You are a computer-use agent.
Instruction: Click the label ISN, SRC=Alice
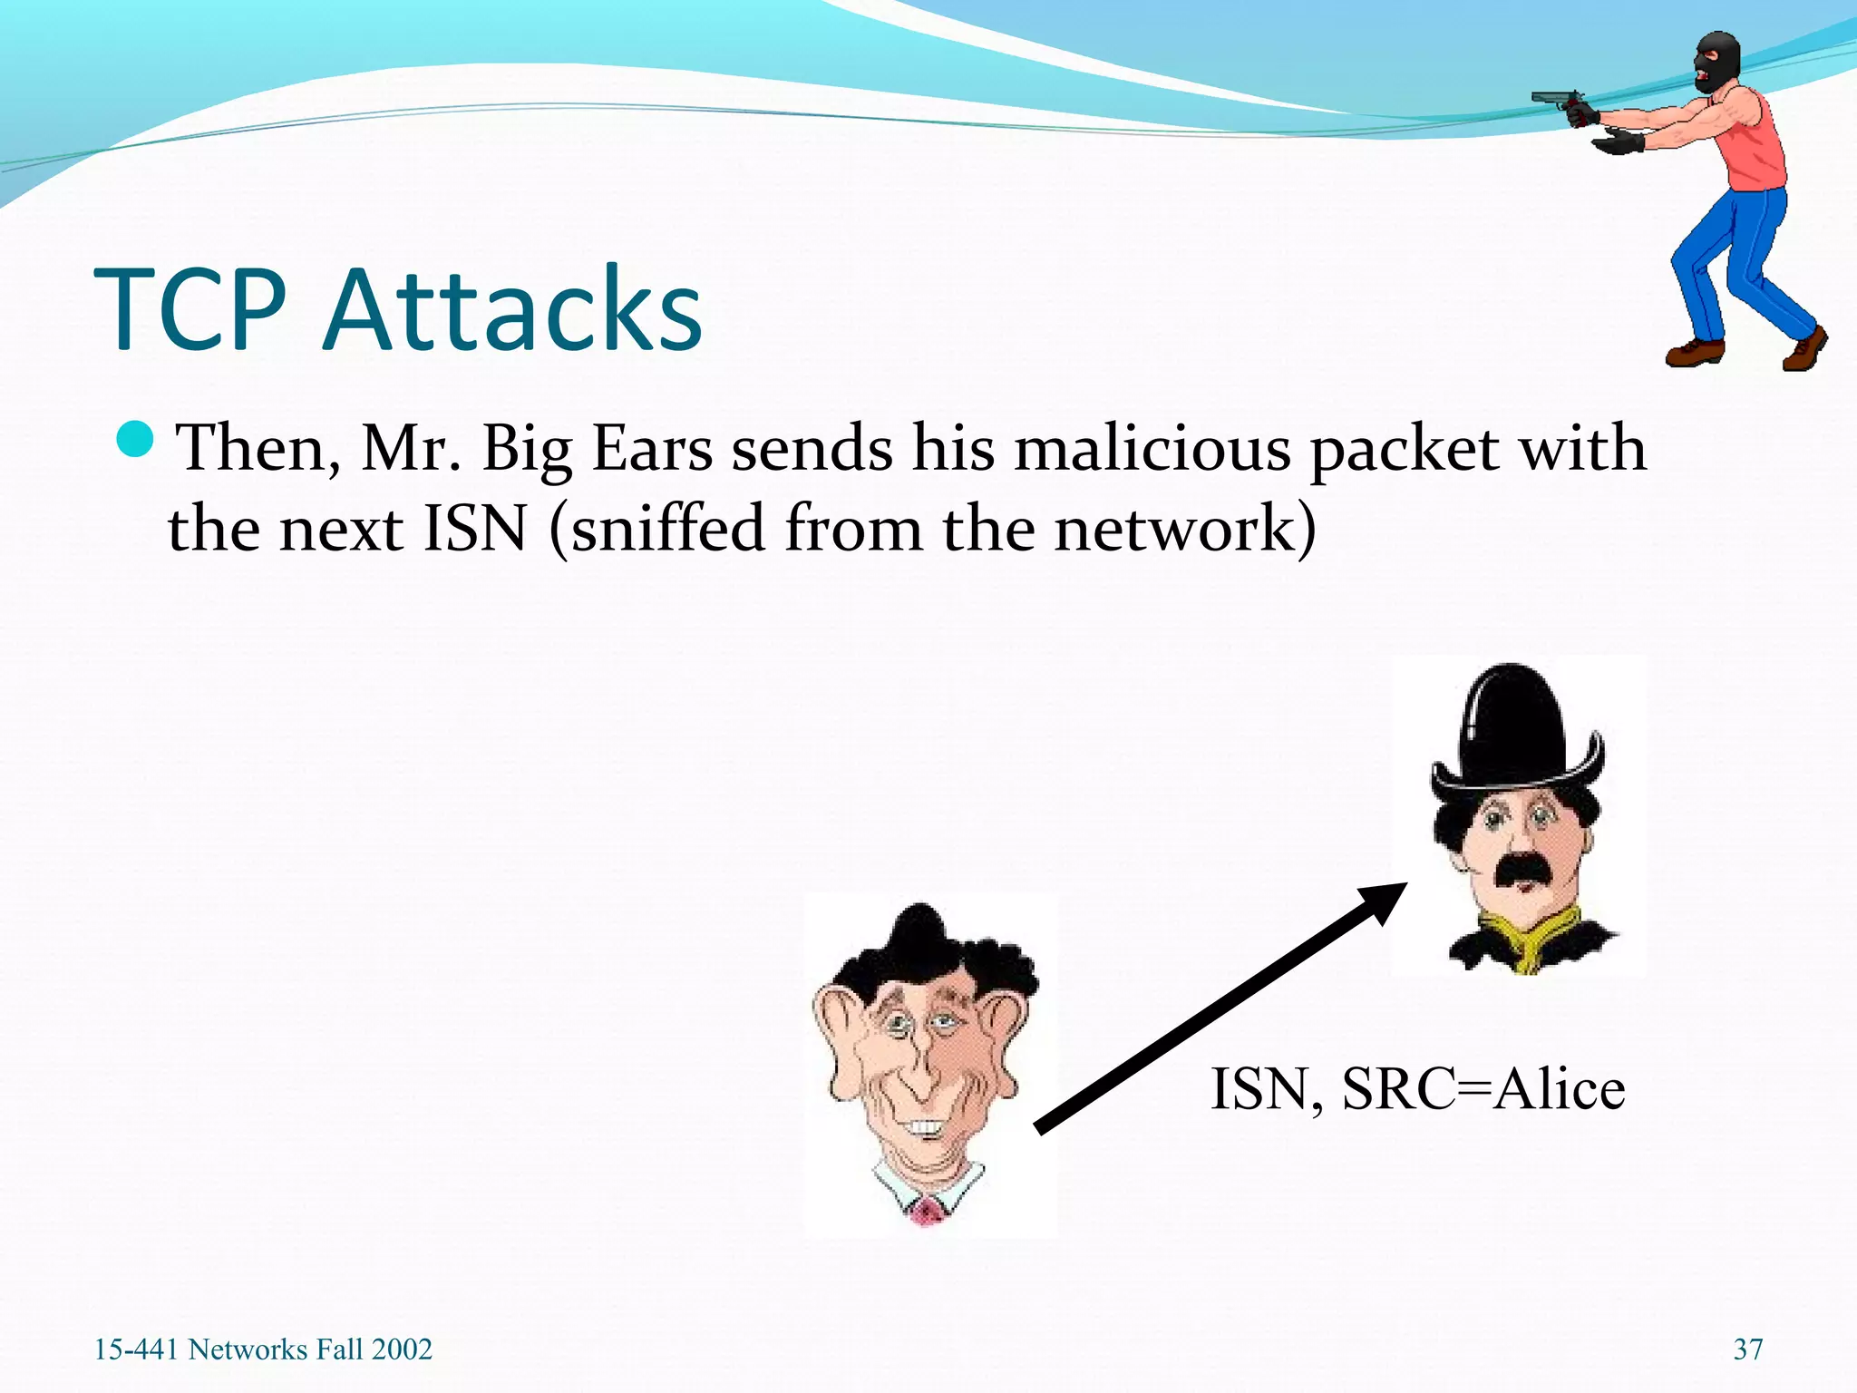click(1417, 1089)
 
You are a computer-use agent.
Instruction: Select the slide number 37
click(1747, 1349)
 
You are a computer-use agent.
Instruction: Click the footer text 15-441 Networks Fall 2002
click(263, 1349)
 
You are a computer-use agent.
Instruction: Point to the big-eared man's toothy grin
click(926, 1127)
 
